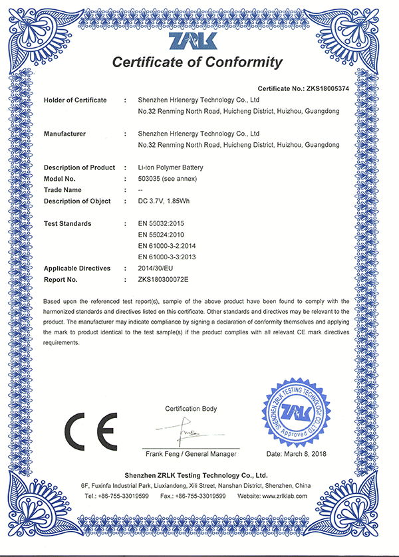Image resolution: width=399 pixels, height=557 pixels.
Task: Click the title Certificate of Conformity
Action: pyautogui.click(x=197, y=63)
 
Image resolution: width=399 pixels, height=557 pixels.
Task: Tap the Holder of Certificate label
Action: pyautogui.click(x=75, y=100)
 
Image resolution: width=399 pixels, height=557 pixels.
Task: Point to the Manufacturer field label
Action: pyautogui.click(x=65, y=134)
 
